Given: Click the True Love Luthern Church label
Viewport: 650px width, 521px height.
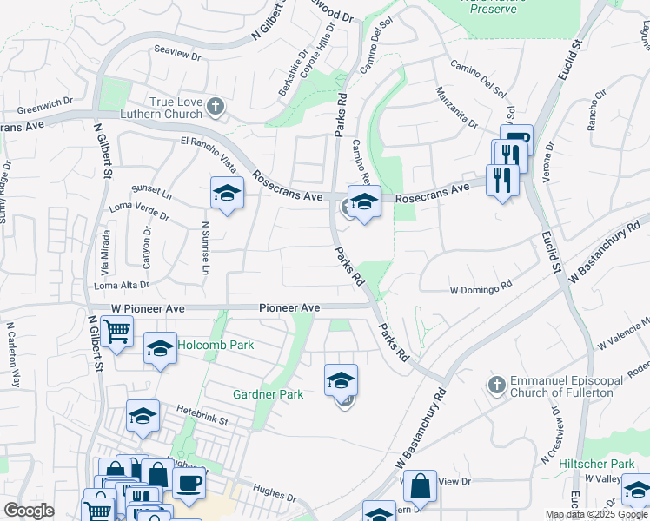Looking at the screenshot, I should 176,109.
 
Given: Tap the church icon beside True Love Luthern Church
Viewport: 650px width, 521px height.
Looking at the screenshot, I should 216,107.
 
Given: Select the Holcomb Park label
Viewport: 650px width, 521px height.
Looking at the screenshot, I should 216,345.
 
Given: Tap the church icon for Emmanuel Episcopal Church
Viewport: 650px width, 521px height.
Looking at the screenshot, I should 497,384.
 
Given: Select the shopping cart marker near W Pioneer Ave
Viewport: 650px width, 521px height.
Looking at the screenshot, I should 116,330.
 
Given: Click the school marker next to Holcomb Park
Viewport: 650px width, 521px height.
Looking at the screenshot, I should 160,348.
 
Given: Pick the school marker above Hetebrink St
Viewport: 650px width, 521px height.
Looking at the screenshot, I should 143,415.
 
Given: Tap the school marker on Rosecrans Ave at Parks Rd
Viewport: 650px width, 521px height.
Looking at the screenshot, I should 364,201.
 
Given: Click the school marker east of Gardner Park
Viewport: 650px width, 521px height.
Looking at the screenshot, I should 342,379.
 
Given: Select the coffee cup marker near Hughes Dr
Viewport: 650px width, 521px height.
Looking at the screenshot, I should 189,482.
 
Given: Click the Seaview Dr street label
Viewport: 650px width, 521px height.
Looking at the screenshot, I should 177,54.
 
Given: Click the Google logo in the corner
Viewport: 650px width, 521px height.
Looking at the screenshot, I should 29,510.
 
